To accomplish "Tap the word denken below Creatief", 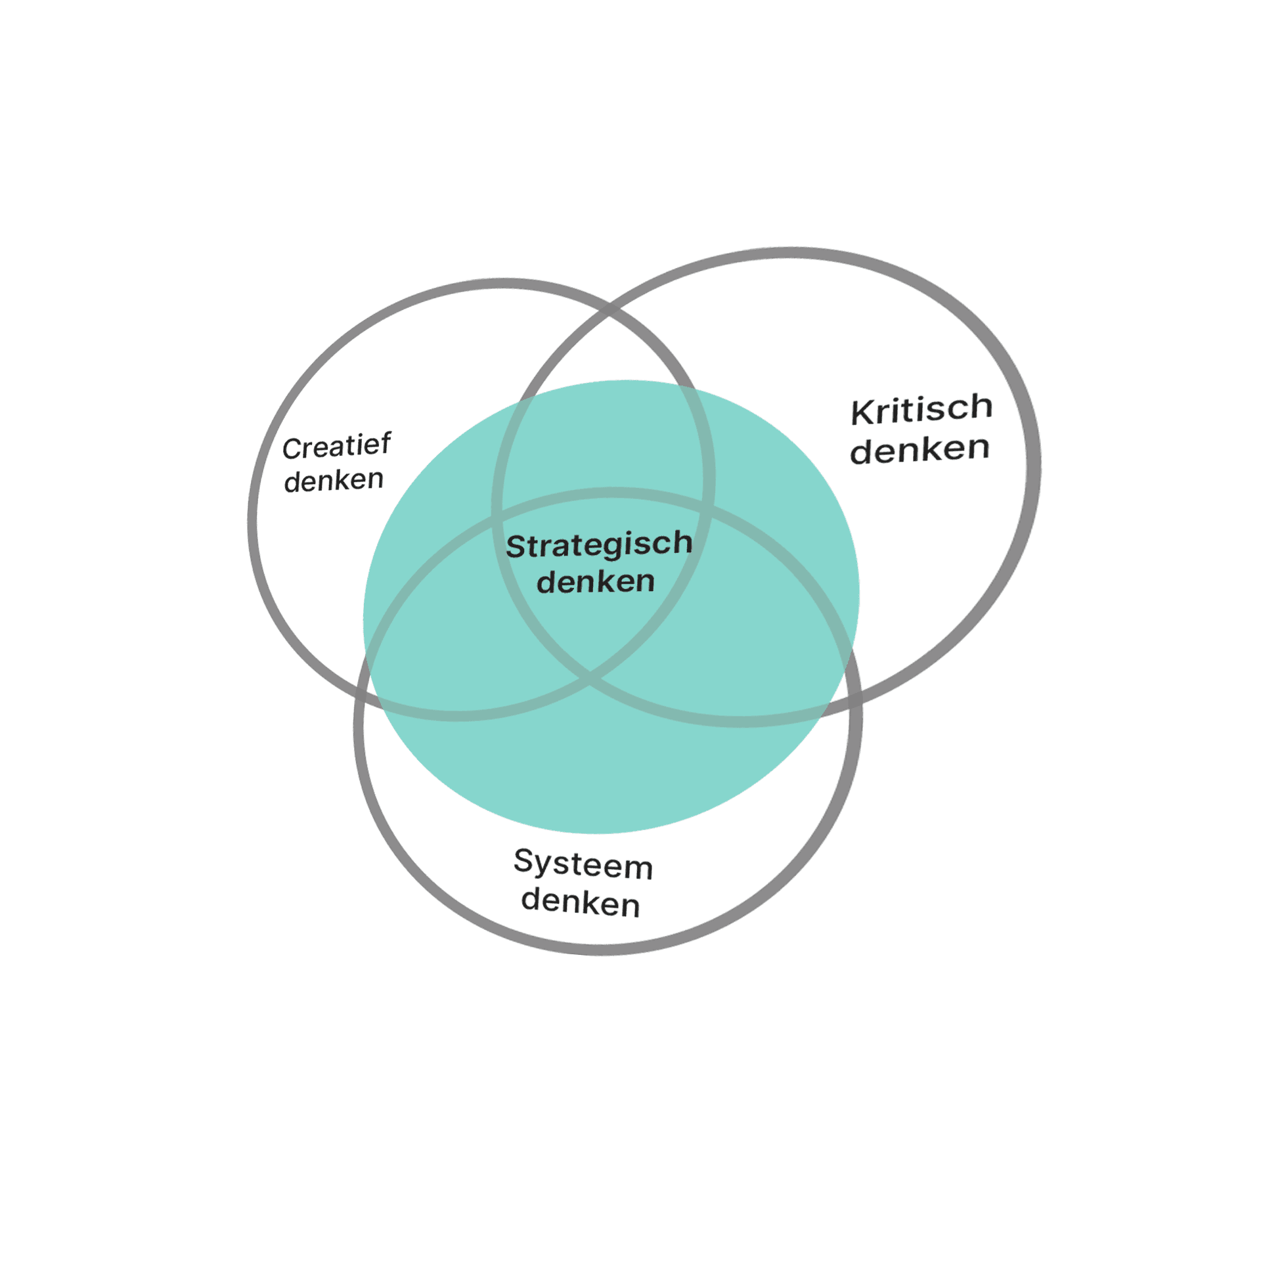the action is coord(334,480).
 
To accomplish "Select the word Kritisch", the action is coord(921,409).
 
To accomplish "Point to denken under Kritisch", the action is coord(919,450).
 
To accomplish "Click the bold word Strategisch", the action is coord(599,545).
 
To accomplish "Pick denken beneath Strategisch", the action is coord(595,582).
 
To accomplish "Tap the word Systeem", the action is coord(583,864).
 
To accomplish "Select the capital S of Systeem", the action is coord(524,861).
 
